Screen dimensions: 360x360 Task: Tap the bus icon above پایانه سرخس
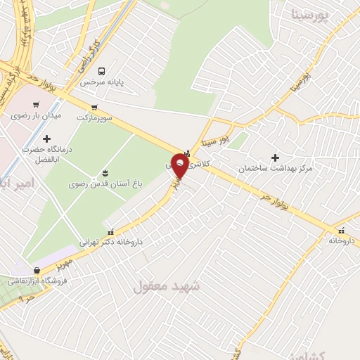103,71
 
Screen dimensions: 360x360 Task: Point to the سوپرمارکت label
95,115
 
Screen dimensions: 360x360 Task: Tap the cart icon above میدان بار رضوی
36,105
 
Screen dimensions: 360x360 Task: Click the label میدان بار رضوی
36,115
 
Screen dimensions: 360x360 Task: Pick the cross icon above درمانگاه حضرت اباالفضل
47,139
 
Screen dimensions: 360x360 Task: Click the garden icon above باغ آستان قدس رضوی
105,172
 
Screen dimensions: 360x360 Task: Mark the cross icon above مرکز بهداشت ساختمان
275,157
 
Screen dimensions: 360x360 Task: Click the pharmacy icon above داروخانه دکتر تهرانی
110,231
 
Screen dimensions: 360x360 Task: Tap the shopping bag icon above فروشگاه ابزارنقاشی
37,270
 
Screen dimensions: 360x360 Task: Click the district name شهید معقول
166,286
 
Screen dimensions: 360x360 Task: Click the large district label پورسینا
310,13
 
